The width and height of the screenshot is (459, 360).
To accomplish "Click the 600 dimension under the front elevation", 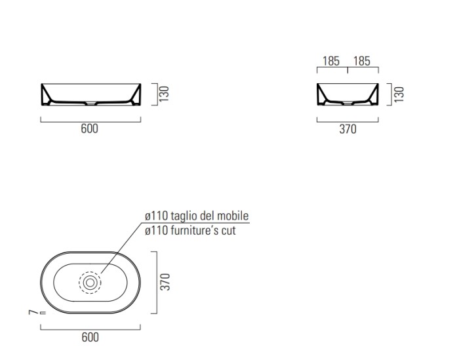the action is tap(90, 129).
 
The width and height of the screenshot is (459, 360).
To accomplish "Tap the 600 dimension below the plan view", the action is tap(90, 337).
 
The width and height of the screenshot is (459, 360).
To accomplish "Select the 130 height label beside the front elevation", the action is tap(164, 94).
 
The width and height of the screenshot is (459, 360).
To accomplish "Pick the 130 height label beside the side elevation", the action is tap(399, 94).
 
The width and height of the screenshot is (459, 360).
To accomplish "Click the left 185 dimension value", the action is tap(331, 61).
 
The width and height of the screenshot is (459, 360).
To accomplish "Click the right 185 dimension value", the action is tap(362, 61).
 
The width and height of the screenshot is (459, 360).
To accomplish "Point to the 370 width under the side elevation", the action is tap(348, 129).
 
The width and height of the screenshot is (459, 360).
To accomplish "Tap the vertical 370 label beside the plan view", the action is tap(165, 282).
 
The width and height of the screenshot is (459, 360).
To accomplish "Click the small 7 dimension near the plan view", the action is tap(33, 312).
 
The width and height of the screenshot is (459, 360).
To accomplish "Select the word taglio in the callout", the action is tap(183, 216).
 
